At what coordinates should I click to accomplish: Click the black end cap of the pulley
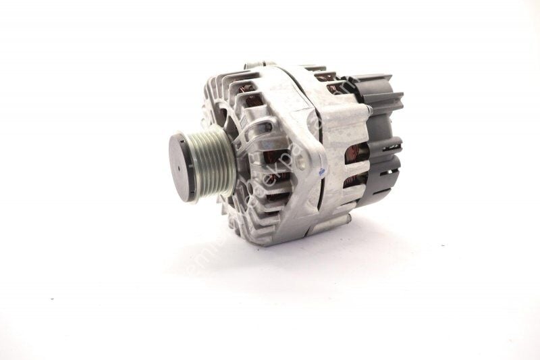tap(181, 165)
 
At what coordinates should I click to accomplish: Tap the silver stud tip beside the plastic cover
tap(368, 106)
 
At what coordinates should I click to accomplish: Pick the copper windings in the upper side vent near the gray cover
tap(356, 154)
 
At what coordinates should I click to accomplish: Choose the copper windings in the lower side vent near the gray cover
tap(356, 181)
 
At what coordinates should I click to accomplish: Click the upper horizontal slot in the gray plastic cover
tap(391, 145)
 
